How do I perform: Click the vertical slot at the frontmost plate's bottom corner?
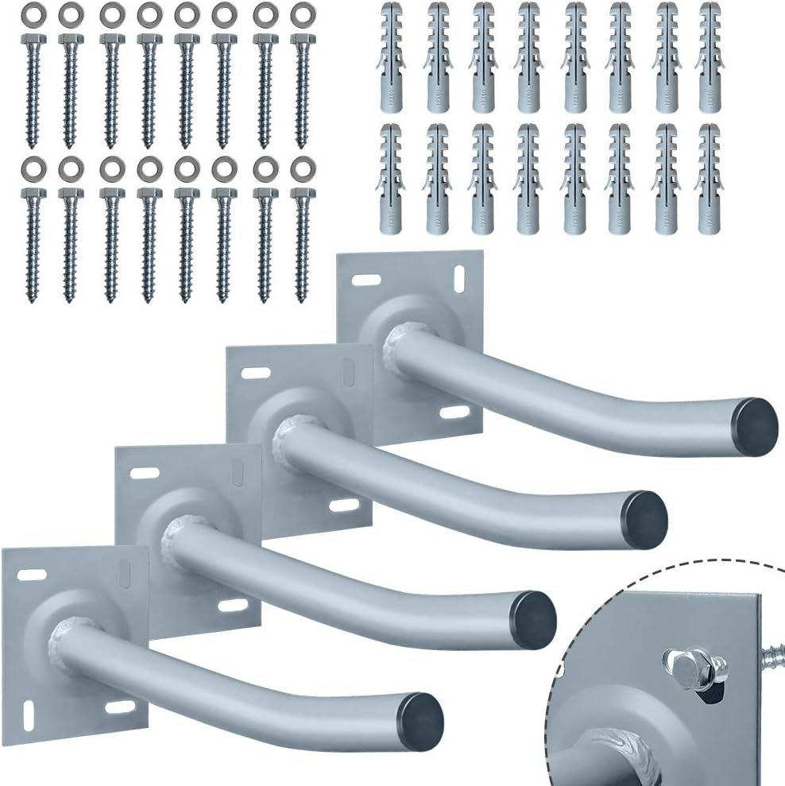[30, 705]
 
